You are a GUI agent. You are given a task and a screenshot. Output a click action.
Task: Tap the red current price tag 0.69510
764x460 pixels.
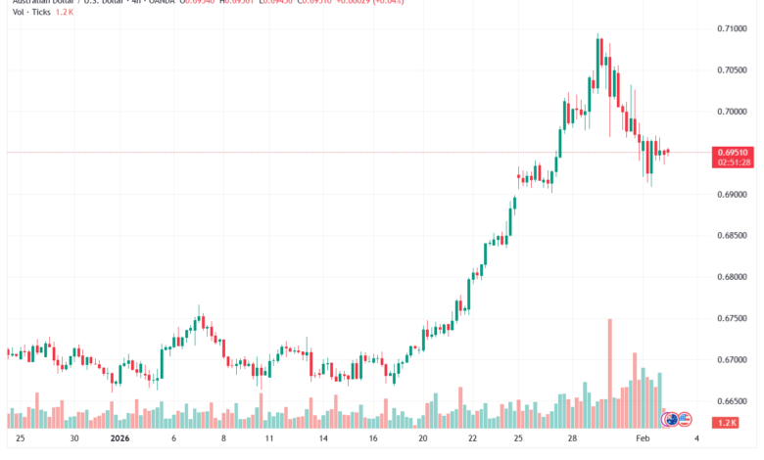[x=734, y=153]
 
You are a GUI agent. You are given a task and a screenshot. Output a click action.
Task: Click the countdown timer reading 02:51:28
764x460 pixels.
[x=734, y=162]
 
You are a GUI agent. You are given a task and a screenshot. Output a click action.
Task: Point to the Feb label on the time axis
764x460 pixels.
[x=643, y=439]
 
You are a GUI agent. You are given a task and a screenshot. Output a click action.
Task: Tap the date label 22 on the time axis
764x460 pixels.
[x=472, y=439]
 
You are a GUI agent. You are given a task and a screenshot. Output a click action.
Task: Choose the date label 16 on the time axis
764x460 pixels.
[x=373, y=439]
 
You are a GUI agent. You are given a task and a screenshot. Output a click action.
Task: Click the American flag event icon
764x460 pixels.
[x=686, y=420]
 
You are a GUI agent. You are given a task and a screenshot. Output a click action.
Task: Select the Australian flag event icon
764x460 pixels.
[x=671, y=420]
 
